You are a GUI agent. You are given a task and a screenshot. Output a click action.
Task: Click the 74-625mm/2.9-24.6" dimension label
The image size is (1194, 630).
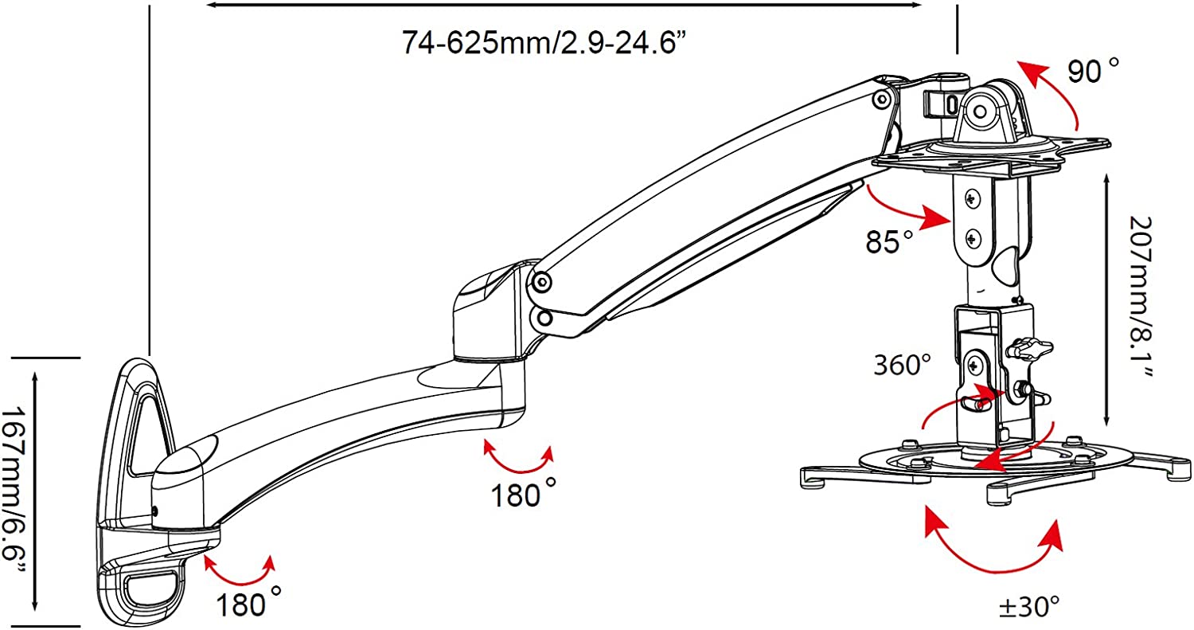tap(543, 43)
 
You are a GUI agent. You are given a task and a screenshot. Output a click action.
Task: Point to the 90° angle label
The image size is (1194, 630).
tap(1093, 71)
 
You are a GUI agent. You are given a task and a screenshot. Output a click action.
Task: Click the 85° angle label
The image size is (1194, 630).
tap(888, 241)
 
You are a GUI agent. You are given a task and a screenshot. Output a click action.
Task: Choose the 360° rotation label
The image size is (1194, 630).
tap(902, 366)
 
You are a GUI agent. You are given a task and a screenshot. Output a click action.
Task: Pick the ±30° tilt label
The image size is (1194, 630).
tap(1028, 607)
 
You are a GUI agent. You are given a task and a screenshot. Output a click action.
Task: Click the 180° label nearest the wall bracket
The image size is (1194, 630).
tap(248, 604)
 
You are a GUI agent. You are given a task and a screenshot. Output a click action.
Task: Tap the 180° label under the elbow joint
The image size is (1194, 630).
tap(523, 494)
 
